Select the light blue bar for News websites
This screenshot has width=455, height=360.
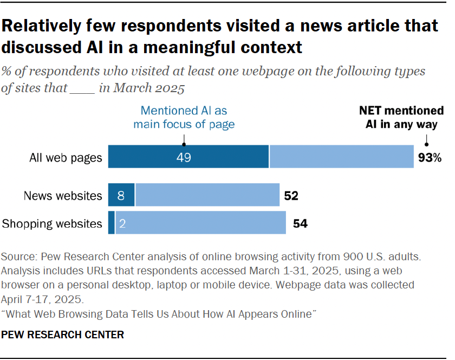tap(207, 195)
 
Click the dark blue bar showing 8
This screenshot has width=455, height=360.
tap(121, 195)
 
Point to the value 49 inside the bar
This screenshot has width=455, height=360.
tap(183, 157)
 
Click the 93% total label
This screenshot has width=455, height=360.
tap(430, 158)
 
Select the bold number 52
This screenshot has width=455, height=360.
tap(291, 196)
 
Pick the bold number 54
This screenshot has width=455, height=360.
tap(300, 223)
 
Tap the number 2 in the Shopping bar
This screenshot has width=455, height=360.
tap(122, 223)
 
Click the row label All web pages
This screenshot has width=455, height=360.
tap(65, 158)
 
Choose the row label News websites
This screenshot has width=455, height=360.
tap(62, 196)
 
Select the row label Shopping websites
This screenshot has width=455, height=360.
tap(52, 223)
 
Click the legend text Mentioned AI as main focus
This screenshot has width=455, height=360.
tap(184, 117)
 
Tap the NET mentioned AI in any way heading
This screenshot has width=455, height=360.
tap(401, 117)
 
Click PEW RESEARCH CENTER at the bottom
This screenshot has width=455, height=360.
tap(63, 335)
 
